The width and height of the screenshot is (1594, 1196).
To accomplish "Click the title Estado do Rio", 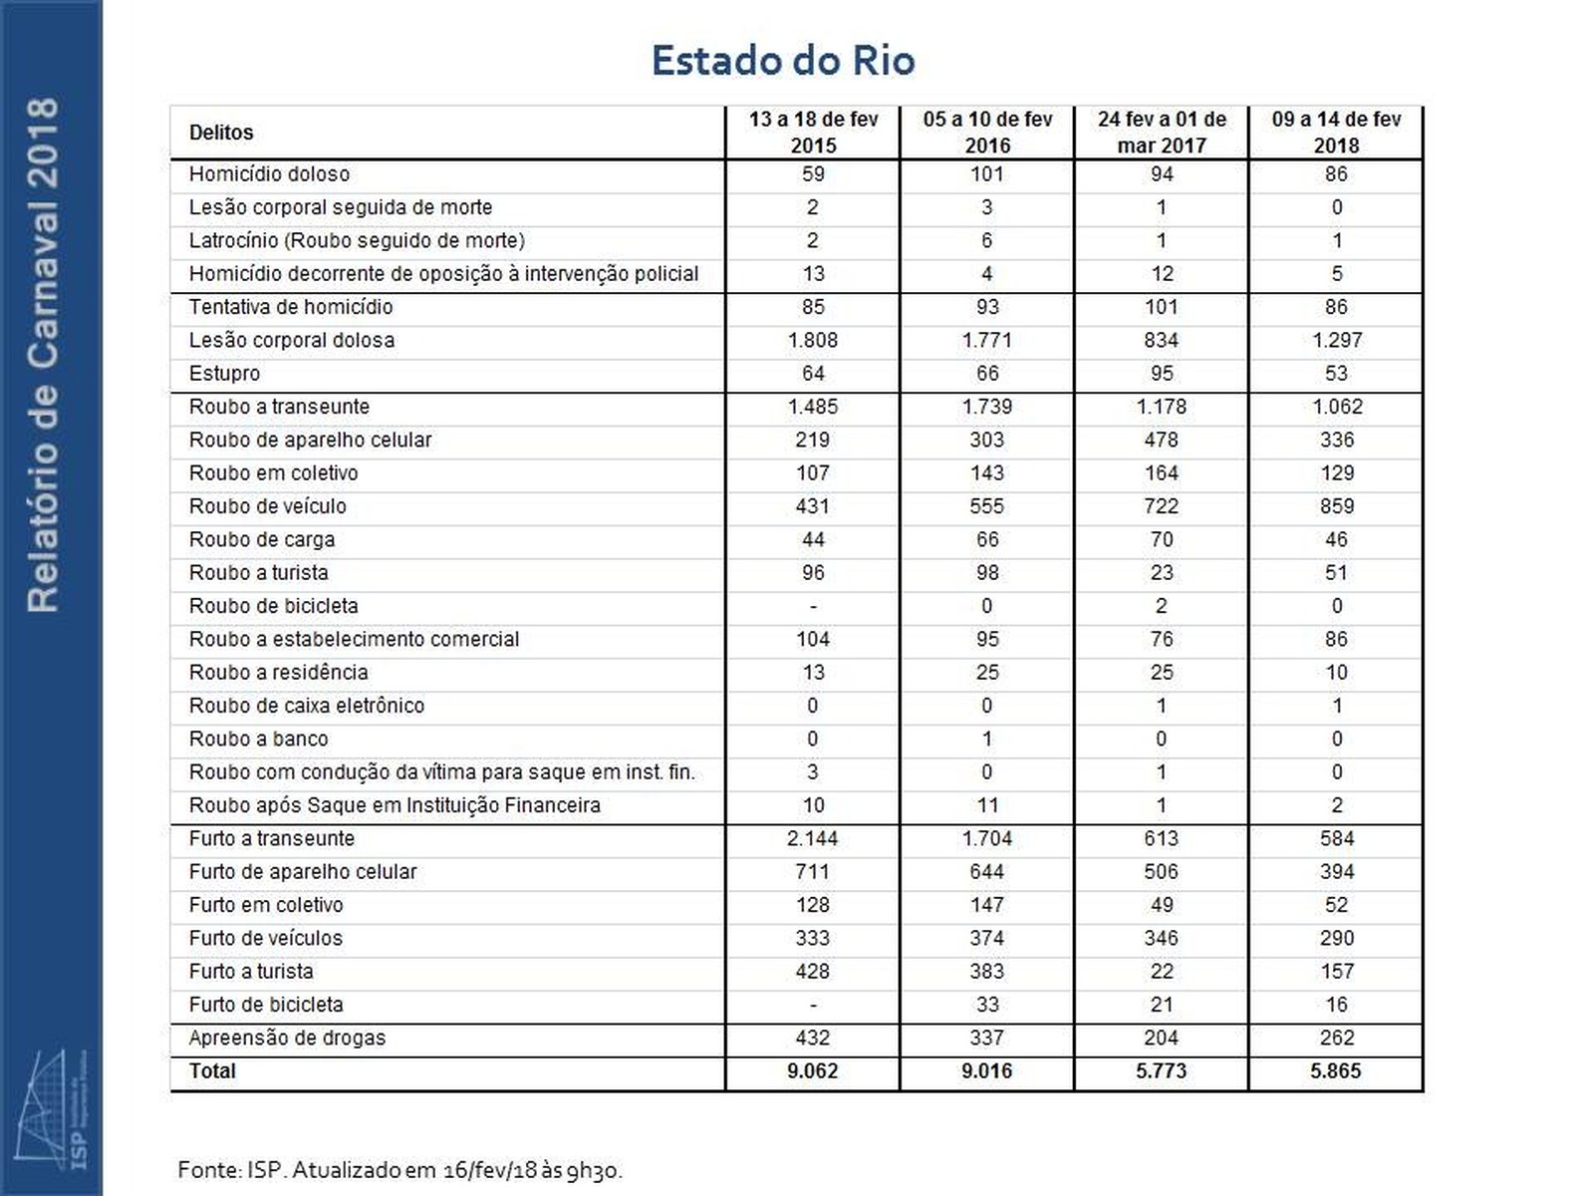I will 783,61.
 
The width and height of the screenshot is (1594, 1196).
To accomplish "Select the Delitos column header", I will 221,133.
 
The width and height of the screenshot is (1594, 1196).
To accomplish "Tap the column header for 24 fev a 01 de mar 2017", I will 1162,133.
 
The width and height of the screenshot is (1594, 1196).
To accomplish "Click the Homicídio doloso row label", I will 269,174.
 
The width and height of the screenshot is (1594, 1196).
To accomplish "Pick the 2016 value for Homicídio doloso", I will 987,174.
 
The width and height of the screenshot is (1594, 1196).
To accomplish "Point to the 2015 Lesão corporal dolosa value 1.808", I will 813,340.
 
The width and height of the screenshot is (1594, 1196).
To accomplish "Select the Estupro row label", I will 224,374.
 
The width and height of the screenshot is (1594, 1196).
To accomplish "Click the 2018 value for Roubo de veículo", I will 1336,506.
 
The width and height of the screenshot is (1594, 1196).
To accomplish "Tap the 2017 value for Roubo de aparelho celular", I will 1162,440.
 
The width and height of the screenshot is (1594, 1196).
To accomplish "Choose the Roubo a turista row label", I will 258,573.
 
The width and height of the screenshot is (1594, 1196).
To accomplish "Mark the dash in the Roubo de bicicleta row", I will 813,606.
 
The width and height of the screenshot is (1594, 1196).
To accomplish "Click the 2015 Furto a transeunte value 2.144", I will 813,838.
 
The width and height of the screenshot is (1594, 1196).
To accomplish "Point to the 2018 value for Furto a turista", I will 1336,972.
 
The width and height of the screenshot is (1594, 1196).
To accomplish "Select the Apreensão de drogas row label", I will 287,1038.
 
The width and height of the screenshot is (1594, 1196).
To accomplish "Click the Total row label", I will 212,1071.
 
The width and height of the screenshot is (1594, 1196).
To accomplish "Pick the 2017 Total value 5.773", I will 1162,1071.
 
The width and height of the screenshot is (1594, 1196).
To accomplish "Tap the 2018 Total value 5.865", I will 1336,1071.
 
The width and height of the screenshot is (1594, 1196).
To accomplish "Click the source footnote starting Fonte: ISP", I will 399,1169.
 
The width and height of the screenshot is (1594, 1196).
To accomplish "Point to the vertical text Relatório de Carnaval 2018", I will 43,355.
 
